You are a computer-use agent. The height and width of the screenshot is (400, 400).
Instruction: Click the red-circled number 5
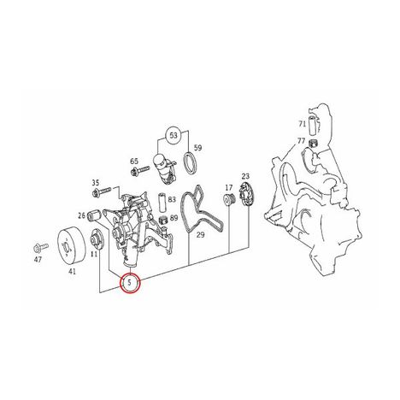click(x=130, y=283)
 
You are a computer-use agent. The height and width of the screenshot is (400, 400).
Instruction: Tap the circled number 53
click(x=174, y=135)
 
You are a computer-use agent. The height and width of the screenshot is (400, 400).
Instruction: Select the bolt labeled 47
click(x=41, y=248)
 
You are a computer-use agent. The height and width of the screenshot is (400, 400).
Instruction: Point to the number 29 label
click(x=201, y=235)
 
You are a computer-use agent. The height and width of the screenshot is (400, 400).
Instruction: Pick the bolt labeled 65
click(x=140, y=171)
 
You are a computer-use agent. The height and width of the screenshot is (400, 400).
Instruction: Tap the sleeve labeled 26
click(x=94, y=215)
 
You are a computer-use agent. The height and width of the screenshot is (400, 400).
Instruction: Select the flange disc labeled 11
click(x=97, y=238)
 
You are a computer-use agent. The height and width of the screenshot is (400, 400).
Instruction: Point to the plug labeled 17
click(x=228, y=198)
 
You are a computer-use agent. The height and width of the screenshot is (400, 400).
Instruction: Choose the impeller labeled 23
click(x=245, y=195)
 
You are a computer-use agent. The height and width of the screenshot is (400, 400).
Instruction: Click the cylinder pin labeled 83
click(x=162, y=203)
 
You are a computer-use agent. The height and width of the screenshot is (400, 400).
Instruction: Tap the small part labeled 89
click(x=162, y=221)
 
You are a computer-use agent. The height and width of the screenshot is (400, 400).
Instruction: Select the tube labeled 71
click(x=312, y=125)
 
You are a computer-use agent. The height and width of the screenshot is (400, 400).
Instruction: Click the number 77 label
click(x=301, y=141)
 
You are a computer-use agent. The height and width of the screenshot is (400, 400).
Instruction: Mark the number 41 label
click(x=73, y=272)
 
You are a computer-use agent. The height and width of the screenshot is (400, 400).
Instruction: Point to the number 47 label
click(x=38, y=260)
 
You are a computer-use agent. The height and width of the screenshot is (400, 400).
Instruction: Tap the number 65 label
click(x=134, y=162)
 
